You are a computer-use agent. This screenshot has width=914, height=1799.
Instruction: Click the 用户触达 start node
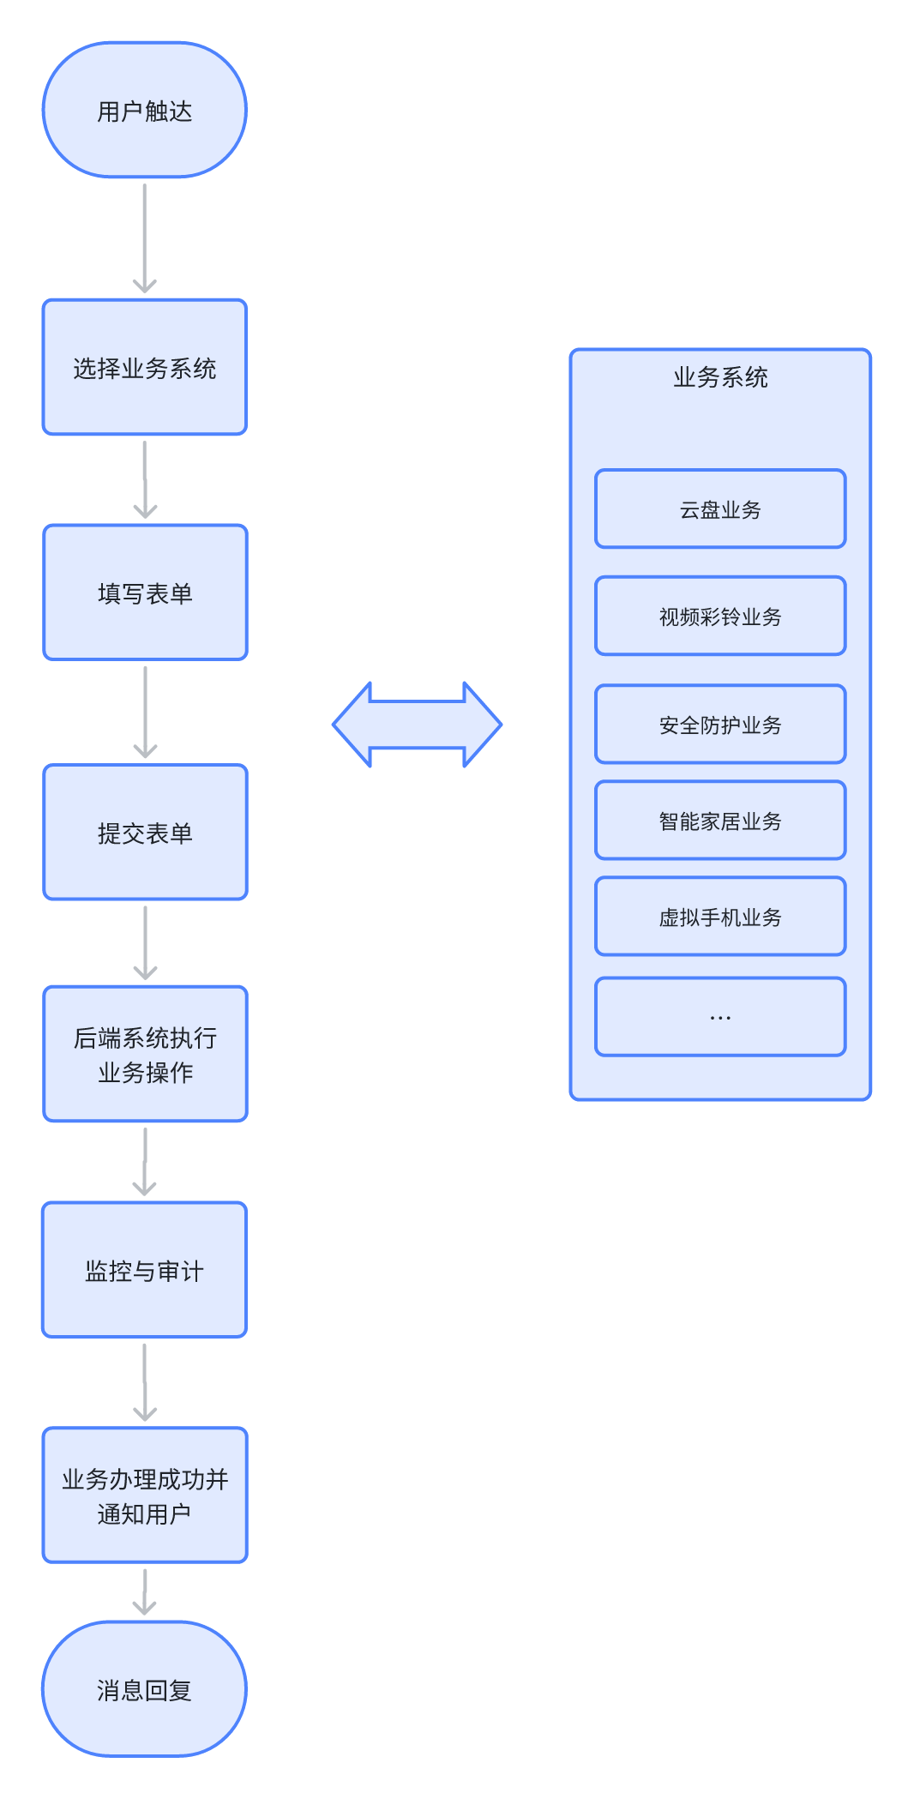point(145,110)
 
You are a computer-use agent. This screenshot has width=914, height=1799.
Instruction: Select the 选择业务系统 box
point(145,367)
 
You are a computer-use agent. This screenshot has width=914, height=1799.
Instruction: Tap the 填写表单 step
point(145,593)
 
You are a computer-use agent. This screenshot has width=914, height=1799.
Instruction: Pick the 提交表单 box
point(145,832)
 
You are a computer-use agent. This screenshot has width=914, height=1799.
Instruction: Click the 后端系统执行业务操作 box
point(145,1054)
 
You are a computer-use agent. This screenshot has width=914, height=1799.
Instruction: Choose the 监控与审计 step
point(145,1270)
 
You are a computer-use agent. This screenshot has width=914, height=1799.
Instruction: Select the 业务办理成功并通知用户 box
point(145,1495)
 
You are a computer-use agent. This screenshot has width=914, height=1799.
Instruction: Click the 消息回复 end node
point(145,1689)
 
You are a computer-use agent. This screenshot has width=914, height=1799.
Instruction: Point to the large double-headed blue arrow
point(417,725)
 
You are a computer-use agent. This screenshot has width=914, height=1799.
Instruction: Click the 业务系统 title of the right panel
point(720,377)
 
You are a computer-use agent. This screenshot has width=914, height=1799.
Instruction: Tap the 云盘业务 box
point(720,508)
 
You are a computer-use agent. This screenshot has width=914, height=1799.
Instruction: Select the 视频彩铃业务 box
point(720,616)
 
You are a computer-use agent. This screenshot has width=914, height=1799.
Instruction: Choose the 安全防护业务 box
point(720,724)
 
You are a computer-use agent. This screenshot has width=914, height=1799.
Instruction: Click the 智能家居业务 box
point(720,820)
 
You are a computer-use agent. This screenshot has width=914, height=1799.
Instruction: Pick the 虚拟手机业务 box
point(720,916)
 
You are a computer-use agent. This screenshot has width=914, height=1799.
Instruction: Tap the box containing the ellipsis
point(720,1016)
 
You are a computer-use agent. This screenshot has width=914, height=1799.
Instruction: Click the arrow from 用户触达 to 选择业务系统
point(145,238)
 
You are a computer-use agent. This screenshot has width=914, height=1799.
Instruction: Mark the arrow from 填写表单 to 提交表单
point(145,712)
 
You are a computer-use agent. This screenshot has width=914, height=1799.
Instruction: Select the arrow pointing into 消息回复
point(145,1592)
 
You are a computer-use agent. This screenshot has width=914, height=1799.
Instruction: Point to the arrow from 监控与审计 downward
point(145,1382)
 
